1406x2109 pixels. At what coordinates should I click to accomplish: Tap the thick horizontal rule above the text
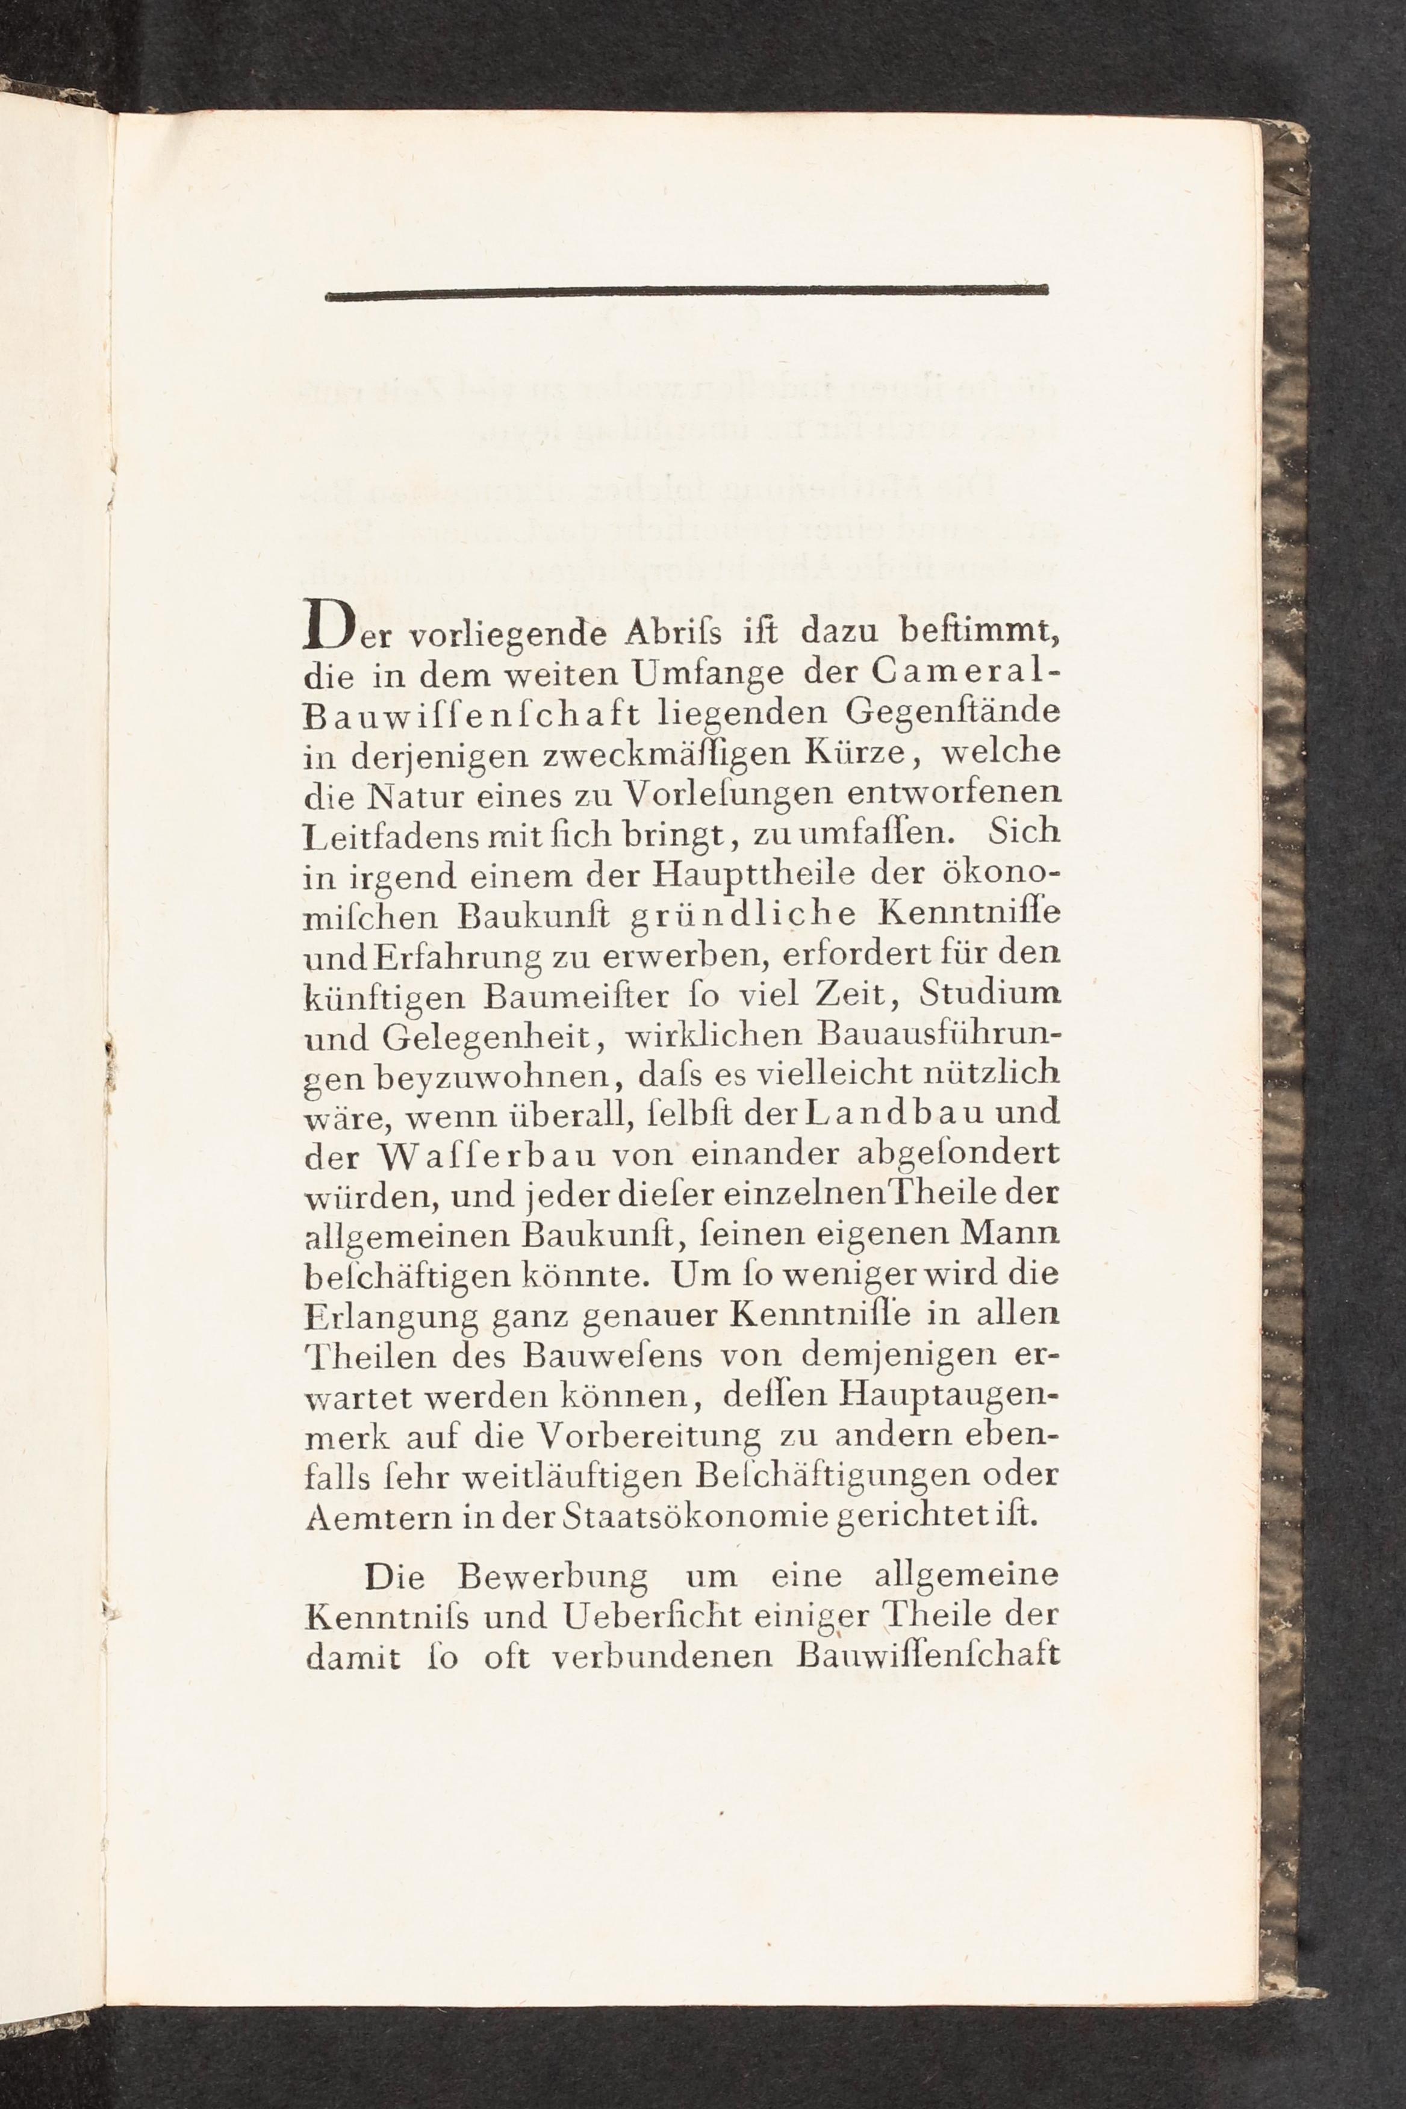[687, 290]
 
